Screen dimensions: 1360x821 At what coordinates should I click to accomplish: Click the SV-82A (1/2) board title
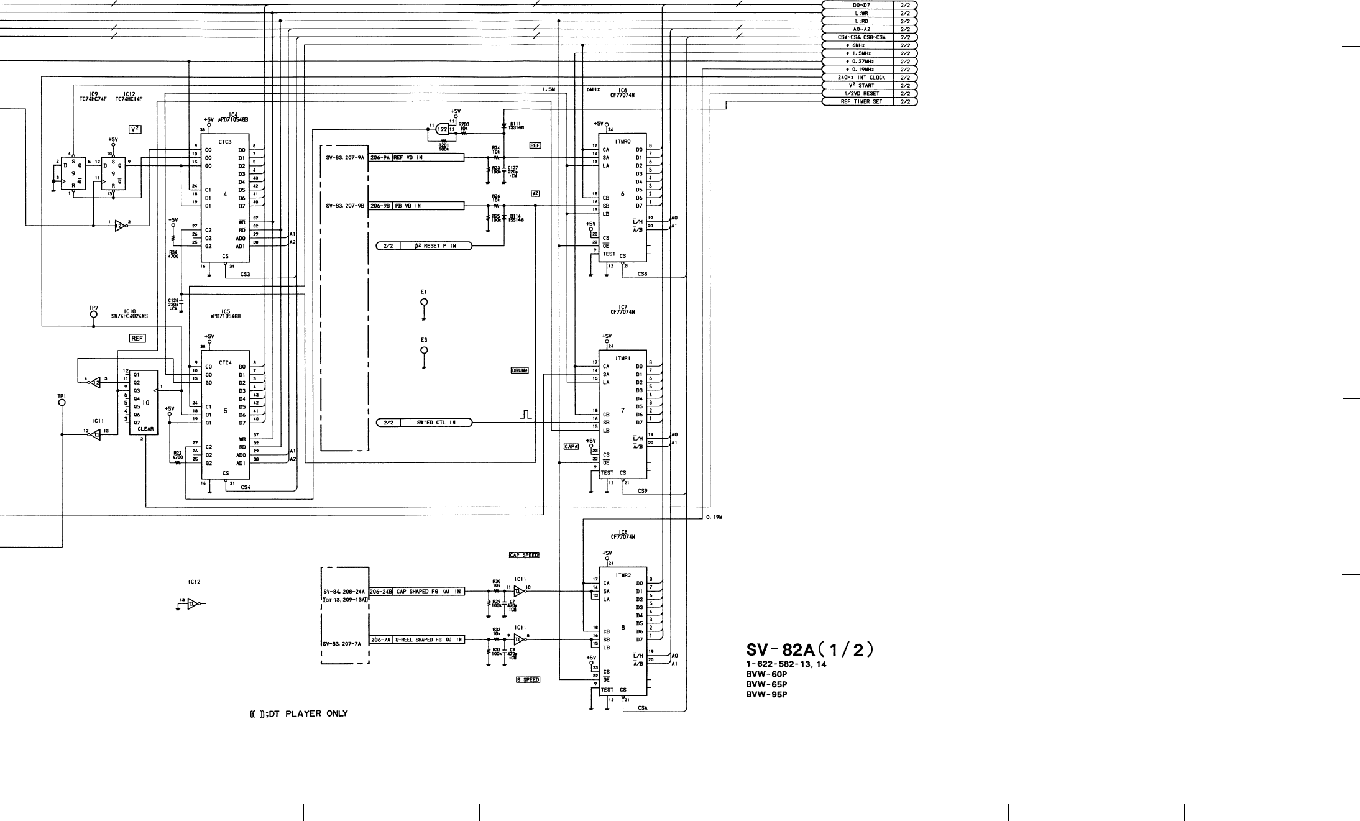810,650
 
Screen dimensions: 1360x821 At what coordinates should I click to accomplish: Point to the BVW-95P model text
766,695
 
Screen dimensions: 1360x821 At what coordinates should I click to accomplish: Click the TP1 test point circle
62,402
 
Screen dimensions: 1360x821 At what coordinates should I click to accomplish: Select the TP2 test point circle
93,314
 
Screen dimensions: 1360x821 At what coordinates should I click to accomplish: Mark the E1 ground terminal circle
424,302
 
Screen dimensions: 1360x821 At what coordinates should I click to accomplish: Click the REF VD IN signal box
428,158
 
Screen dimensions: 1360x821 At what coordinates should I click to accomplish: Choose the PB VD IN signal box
428,206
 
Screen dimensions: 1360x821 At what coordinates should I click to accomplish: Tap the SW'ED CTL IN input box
435,423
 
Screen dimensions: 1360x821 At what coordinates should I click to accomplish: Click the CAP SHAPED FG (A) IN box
428,592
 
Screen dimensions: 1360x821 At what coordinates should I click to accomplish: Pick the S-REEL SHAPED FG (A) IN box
428,640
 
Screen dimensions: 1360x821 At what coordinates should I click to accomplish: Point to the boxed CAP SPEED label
524,555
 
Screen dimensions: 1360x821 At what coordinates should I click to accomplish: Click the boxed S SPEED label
528,680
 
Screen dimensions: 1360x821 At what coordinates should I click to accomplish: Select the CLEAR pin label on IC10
145,429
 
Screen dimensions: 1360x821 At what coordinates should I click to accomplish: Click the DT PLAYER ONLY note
299,714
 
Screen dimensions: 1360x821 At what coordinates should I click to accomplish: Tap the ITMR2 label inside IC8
623,576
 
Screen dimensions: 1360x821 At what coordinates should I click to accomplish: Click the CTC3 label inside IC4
225,142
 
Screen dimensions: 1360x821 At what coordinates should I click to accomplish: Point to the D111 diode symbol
503,126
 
